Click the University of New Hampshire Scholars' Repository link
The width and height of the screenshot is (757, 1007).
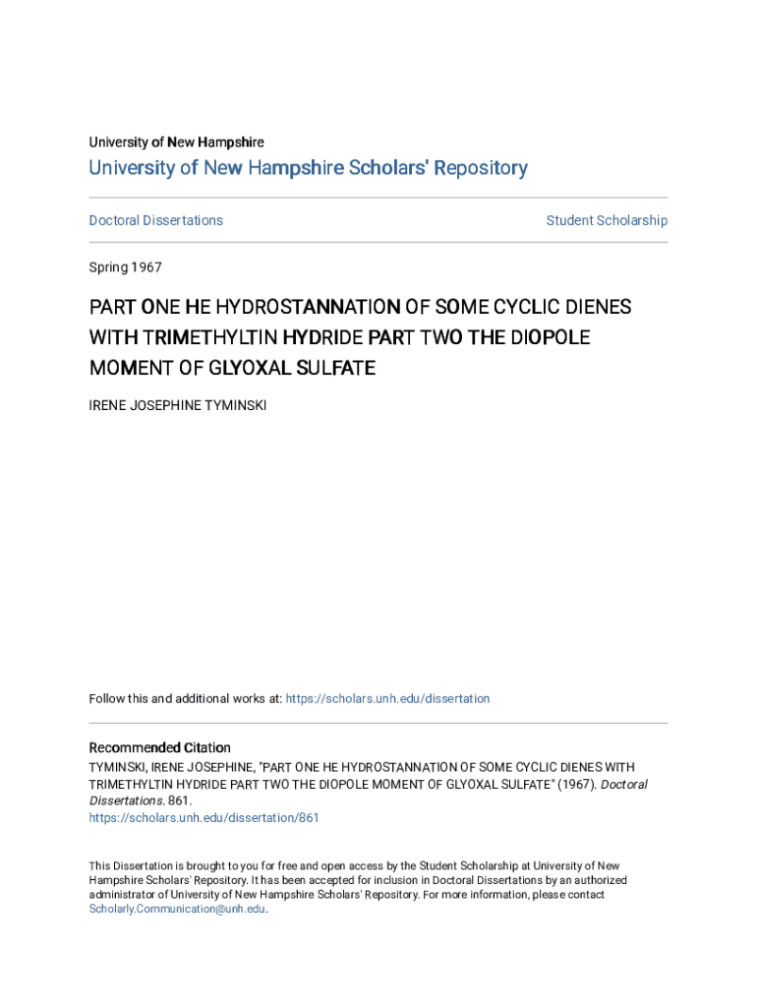point(308,168)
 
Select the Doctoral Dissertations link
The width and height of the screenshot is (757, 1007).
point(155,220)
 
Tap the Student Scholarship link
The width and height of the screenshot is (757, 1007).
point(607,220)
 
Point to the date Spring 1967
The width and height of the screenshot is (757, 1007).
point(125,267)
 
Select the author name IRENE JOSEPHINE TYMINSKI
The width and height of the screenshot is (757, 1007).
point(177,405)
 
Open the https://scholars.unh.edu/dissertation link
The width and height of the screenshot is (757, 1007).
point(388,698)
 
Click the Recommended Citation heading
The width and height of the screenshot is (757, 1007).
point(159,747)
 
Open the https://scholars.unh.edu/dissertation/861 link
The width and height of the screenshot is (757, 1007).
point(204,817)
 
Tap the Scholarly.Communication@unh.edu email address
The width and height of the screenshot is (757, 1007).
point(177,909)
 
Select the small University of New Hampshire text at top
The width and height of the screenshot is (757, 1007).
point(176,143)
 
